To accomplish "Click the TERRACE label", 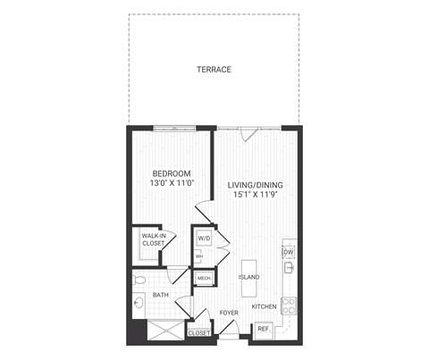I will [x=214, y=69].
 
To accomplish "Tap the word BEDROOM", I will [x=168, y=173].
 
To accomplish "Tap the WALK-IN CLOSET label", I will [x=151, y=239].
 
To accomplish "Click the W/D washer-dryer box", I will [x=203, y=239].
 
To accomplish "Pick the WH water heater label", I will [x=200, y=256].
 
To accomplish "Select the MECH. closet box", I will [x=204, y=278].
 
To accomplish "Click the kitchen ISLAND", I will [x=249, y=278].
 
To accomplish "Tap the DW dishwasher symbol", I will [x=289, y=252].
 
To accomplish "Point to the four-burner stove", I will [x=290, y=305].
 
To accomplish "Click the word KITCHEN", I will [x=264, y=306].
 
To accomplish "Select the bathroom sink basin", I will [x=139, y=304].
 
